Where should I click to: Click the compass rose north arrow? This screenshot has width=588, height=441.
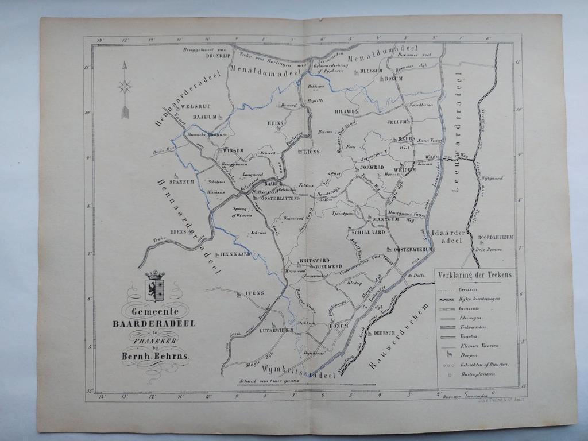pyautogui.click(x=125, y=89)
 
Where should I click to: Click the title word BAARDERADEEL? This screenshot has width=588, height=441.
pyautogui.click(x=154, y=324)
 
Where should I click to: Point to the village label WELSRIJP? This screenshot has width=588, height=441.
pyautogui.click(x=196, y=107)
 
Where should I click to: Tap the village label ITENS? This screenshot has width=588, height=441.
pyautogui.click(x=254, y=293)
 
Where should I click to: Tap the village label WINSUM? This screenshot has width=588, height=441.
pyautogui.click(x=233, y=150)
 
